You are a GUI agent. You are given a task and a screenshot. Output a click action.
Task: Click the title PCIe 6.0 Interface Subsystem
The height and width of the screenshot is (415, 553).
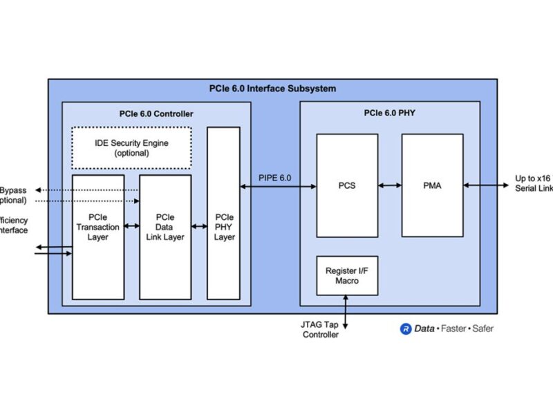[272, 89]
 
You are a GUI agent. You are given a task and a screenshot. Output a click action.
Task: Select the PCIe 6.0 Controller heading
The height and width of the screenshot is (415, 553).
[156, 113]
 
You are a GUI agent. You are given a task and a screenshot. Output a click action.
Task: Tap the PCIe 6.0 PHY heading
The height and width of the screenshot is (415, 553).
[390, 113]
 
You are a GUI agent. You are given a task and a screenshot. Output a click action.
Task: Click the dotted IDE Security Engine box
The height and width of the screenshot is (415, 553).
[131, 148]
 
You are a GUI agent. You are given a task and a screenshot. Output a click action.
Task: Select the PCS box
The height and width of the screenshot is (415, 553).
[347, 185]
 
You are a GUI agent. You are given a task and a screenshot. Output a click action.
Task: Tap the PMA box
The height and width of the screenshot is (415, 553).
[432, 185]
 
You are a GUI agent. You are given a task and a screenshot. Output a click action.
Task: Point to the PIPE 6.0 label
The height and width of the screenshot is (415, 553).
[274, 178]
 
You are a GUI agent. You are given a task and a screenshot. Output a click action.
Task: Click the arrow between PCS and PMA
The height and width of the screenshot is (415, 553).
[390, 185]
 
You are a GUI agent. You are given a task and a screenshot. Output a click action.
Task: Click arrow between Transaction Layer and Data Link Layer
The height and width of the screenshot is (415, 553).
[132, 227]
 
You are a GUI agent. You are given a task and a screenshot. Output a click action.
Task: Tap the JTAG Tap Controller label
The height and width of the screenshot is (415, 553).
[321, 330]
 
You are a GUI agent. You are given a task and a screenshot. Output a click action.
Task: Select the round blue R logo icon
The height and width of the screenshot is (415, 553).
[406, 329]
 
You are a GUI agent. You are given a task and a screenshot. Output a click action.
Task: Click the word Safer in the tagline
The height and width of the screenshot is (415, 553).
[482, 329]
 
